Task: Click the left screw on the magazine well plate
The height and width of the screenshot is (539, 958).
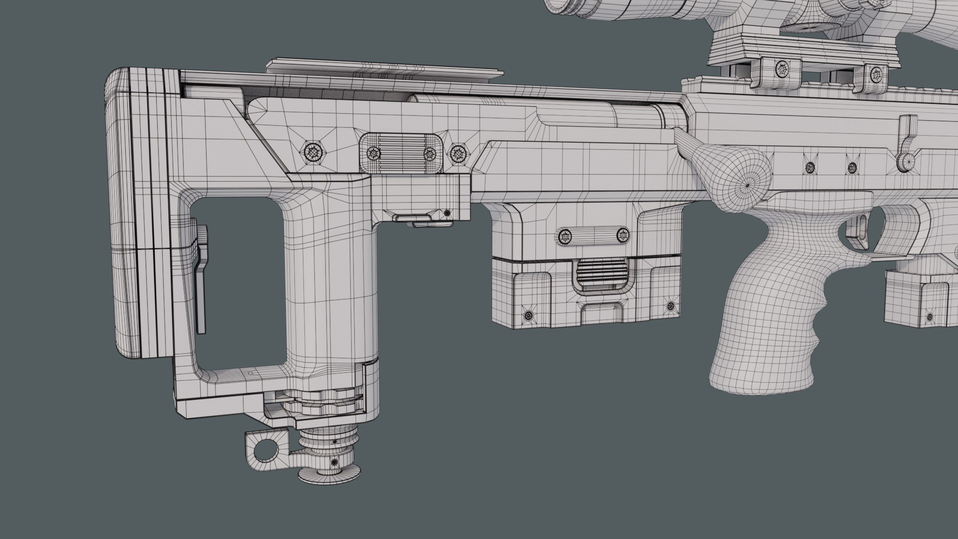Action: pyautogui.click(x=566, y=236)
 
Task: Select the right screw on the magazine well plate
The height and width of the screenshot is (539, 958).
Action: pyautogui.click(x=623, y=235)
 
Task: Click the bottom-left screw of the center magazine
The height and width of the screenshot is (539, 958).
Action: pyautogui.click(x=528, y=315)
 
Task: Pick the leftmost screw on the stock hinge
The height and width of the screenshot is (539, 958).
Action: pyautogui.click(x=314, y=151)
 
